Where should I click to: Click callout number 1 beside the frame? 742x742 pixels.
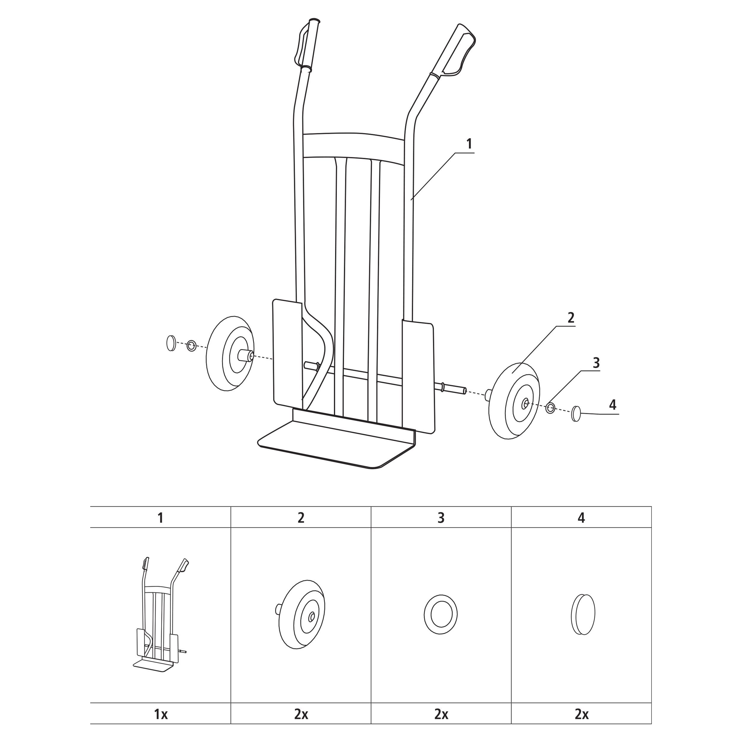[x=469, y=144]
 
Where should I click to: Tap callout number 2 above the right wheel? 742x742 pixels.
[x=571, y=318]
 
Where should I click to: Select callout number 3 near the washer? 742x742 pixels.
[x=596, y=363]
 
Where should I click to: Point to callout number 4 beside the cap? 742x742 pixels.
[x=613, y=405]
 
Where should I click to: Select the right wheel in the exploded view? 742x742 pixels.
[x=514, y=401]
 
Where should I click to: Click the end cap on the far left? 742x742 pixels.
[x=171, y=343]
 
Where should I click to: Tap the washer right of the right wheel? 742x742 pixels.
[x=550, y=408]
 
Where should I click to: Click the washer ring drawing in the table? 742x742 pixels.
[x=441, y=614]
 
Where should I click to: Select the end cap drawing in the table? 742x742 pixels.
[x=582, y=614]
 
